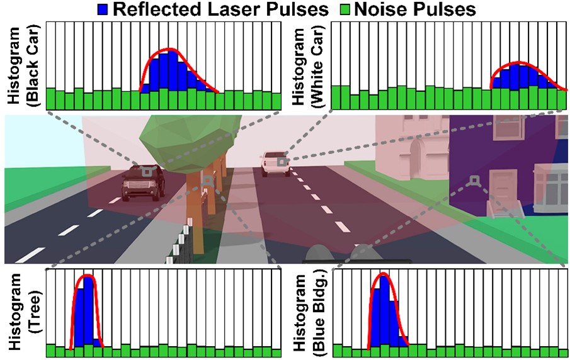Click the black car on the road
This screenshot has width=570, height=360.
tap(143, 183)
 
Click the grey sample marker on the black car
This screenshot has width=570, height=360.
tap(146, 171)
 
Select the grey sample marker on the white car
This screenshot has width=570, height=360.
tap(282, 161)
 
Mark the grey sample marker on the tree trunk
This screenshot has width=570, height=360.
tap(207, 181)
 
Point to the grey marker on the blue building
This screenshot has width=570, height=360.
tap(474, 181)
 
